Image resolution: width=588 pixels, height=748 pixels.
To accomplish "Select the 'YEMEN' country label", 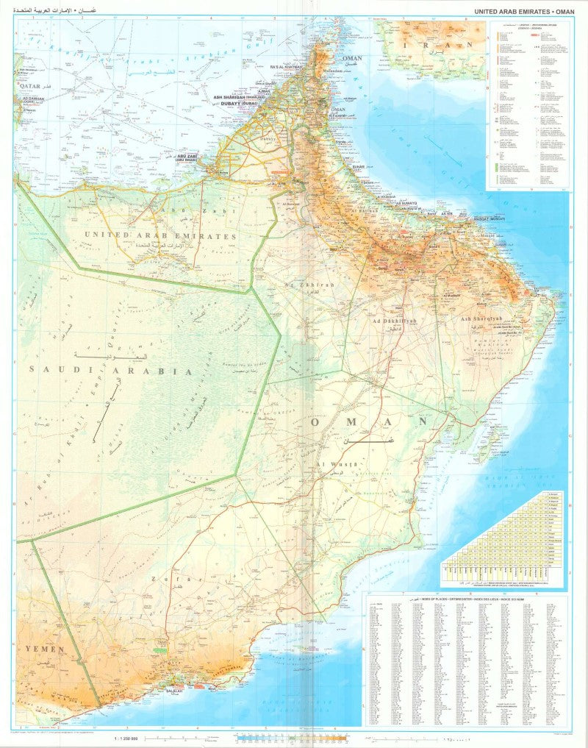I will point(45,649).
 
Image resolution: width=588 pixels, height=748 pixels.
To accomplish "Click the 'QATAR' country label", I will point(28,85).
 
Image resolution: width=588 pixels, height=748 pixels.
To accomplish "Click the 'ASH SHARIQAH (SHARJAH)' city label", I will point(239,96).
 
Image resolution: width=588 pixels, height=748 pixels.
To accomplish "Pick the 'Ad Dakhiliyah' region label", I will point(395,321).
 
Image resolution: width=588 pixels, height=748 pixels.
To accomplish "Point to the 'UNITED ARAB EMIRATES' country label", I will point(160,236).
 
